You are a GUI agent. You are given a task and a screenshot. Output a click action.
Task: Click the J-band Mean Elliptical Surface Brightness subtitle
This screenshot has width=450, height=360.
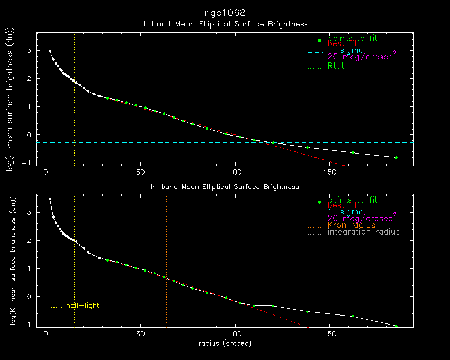click(x=224, y=24)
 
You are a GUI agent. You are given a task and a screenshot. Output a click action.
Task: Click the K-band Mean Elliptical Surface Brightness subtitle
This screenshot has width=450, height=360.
click(x=224, y=186)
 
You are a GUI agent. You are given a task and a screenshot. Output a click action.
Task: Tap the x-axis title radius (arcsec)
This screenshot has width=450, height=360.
click(x=224, y=343)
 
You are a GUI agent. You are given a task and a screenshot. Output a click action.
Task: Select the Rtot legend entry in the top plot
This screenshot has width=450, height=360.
click(x=336, y=66)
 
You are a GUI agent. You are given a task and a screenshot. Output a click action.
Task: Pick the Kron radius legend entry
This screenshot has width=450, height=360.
click(x=352, y=225)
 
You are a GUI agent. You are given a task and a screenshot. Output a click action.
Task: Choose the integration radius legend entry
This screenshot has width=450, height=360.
click(x=364, y=232)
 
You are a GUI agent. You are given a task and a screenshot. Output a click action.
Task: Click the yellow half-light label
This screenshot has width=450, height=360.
click(x=83, y=305)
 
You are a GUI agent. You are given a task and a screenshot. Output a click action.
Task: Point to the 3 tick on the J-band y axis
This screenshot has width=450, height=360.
click(x=30, y=51)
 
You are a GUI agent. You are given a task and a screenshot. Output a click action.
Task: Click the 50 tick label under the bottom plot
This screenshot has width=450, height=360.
click(x=140, y=335)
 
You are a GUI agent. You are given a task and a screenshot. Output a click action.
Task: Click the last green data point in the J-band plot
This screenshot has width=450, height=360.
click(x=396, y=158)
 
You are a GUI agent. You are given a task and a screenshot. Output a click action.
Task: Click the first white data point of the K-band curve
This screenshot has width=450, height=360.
click(x=50, y=199)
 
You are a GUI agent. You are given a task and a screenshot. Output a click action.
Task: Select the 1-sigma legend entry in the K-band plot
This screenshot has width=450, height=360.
click(x=345, y=211)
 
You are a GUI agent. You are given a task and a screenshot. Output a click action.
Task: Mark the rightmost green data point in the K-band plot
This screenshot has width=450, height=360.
click(x=396, y=326)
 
